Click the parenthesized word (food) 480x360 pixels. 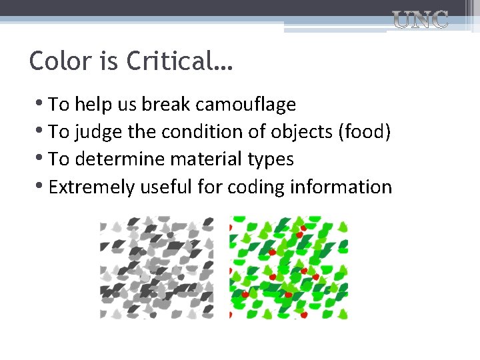(365, 132)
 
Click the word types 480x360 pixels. (271, 160)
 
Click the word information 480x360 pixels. (341, 187)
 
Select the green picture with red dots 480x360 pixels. (288, 267)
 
